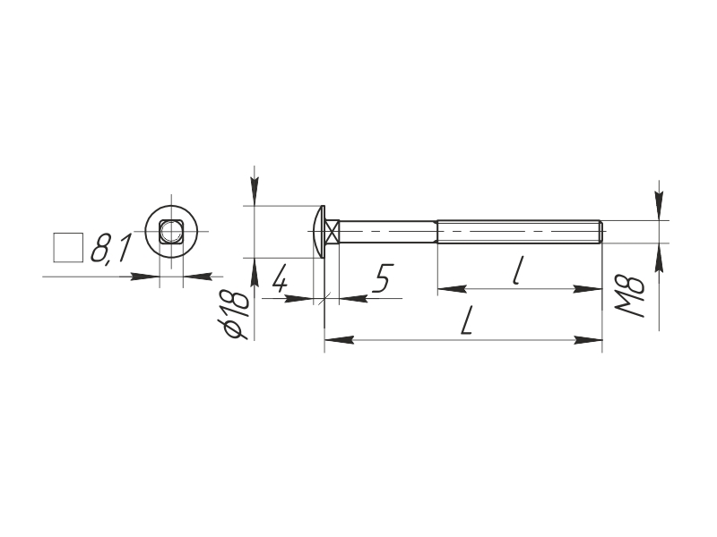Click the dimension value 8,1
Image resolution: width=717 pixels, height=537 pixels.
pyautogui.click(x=111, y=249)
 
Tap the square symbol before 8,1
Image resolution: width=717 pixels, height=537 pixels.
pyautogui.click(x=68, y=248)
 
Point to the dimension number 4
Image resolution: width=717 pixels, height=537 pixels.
pyautogui.click(x=280, y=277)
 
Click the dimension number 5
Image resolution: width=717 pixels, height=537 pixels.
pyautogui.click(x=383, y=277)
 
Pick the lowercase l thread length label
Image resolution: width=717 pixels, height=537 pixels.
pyautogui.click(x=517, y=270)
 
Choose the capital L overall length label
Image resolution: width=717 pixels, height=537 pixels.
pyautogui.click(x=465, y=320)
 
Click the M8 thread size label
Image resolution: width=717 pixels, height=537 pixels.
pyautogui.click(x=631, y=296)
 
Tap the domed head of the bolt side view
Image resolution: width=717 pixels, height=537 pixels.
pyautogui.click(x=319, y=232)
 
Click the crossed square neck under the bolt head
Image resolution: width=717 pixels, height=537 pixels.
pyautogui.click(x=333, y=232)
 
